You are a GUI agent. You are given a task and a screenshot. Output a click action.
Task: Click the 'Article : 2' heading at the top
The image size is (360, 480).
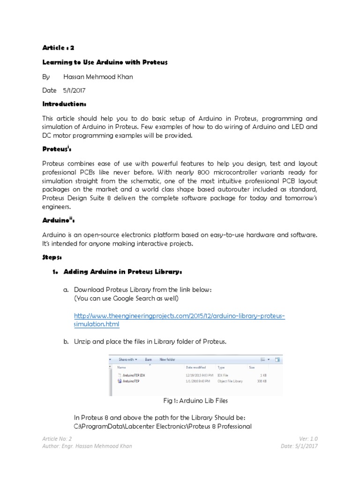[x=58, y=47]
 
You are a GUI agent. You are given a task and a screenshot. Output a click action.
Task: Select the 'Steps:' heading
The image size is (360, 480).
[x=52, y=258]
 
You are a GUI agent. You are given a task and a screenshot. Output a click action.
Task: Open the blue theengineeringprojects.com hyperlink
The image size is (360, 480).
[x=180, y=316]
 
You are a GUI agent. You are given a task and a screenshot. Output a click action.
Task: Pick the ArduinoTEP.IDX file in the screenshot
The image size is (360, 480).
[x=134, y=375]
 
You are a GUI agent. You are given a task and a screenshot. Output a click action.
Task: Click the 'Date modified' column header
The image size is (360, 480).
[x=196, y=367]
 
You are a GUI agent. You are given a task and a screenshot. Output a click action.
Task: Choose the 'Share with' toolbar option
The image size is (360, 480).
[x=127, y=360]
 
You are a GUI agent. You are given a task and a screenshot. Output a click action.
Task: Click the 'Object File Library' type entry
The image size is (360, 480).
[x=230, y=382]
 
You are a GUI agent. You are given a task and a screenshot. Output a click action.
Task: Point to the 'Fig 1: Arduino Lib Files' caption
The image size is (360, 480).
[x=195, y=401]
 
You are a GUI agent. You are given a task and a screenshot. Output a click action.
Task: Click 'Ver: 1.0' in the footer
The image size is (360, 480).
[x=308, y=439]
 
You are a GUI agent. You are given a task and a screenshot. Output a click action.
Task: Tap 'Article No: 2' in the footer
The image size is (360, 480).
[x=57, y=439]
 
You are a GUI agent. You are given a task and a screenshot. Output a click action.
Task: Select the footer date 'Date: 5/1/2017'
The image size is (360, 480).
[x=300, y=446]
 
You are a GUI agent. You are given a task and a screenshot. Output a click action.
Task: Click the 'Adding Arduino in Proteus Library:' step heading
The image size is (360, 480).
[x=122, y=272]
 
